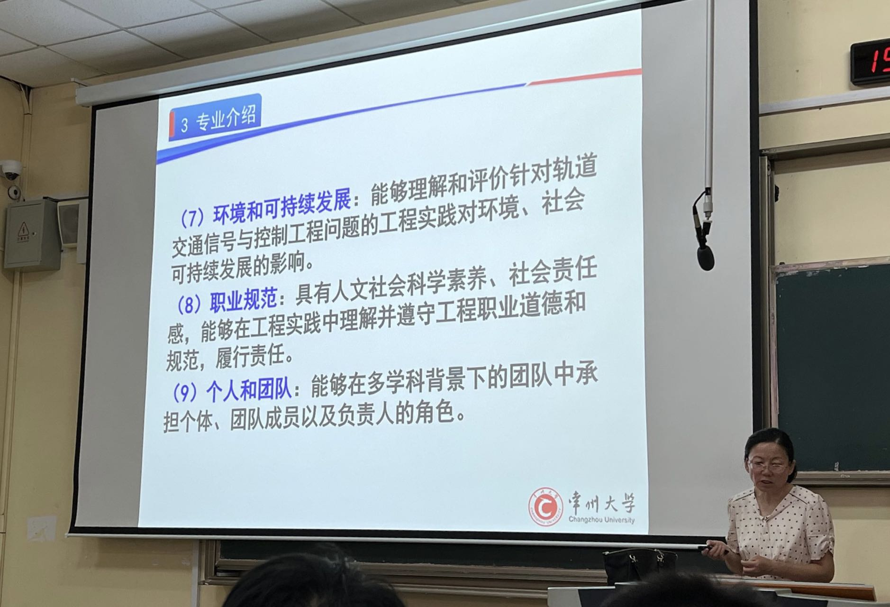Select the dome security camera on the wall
tap(11, 170)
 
